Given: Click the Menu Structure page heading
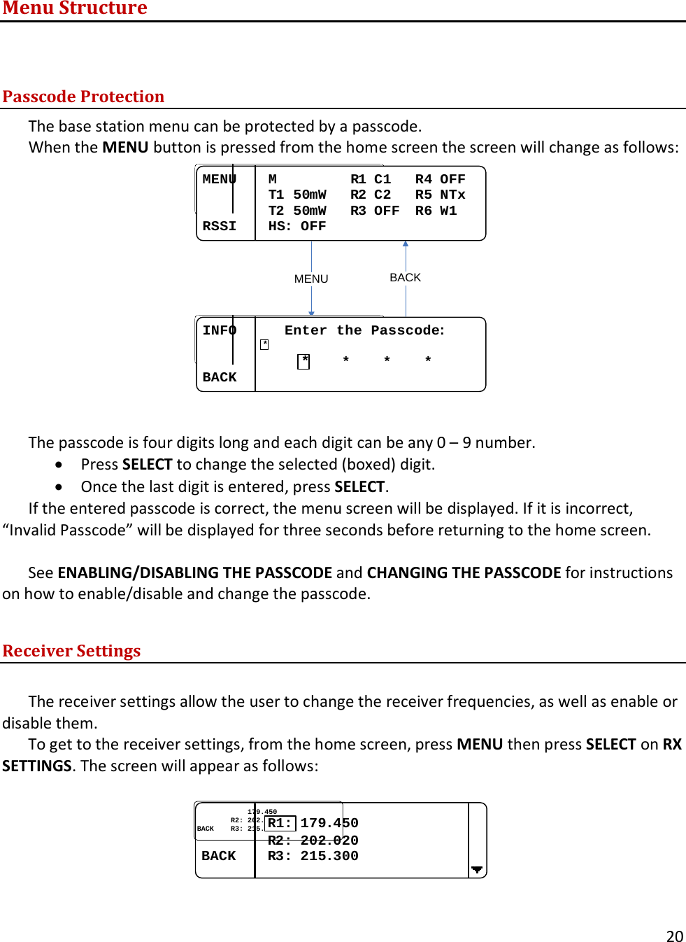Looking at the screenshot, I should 75,8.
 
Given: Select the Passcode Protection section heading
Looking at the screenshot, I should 83,97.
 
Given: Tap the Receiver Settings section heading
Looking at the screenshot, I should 71,651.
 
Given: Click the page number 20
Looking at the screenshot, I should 674,936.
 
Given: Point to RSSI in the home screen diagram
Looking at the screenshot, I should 219,226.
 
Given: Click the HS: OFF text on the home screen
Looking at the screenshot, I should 297,226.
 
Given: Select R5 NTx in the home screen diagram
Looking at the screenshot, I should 440,195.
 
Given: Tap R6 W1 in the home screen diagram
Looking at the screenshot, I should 436,211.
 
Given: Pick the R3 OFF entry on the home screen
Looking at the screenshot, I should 375,211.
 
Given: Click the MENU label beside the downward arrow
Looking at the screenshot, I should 311,279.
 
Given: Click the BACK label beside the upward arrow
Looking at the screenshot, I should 405,277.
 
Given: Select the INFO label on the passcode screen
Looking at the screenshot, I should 219,330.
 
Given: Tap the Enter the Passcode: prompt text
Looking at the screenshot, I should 364,330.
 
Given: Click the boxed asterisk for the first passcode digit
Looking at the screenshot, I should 303,361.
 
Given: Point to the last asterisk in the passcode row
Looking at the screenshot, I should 428,360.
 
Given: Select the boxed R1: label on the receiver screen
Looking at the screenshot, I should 280,823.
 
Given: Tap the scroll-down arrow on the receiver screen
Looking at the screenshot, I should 477,870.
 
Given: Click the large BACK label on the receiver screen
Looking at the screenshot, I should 218,856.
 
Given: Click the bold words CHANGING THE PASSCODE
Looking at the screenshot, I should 464,572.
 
